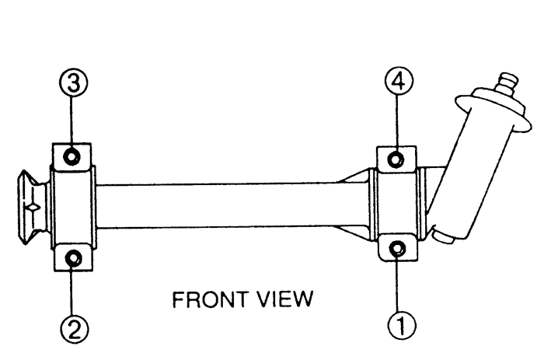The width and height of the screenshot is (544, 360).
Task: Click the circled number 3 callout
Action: [x=73, y=82]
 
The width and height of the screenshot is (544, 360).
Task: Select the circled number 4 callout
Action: [x=399, y=81]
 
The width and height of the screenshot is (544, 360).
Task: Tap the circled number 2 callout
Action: [x=75, y=329]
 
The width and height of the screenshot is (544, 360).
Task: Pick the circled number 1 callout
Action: [x=402, y=326]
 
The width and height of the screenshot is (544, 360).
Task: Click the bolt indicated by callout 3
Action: [x=71, y=157]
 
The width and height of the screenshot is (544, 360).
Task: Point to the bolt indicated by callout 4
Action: [x=396, y=159]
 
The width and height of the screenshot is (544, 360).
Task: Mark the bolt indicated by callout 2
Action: [x=74, y=259]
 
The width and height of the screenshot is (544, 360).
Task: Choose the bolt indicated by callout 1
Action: [x=398, y=249]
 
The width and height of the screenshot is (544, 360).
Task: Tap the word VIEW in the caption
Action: [x=285, y=299]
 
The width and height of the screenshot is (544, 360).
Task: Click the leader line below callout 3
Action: [x=71, y=124]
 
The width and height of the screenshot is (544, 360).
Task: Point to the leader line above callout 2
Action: [x=73, y=291]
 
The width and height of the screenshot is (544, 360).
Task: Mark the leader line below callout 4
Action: [x=397, y=124]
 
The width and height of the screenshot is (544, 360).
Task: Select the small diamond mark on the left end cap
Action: [x=33, y=208]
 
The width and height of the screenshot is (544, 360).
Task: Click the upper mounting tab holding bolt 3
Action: [x=71, y=156]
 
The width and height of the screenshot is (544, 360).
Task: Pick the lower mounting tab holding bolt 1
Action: [x=398, y=247]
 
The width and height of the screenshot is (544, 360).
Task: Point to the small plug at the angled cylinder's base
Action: [x=443, y=237]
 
